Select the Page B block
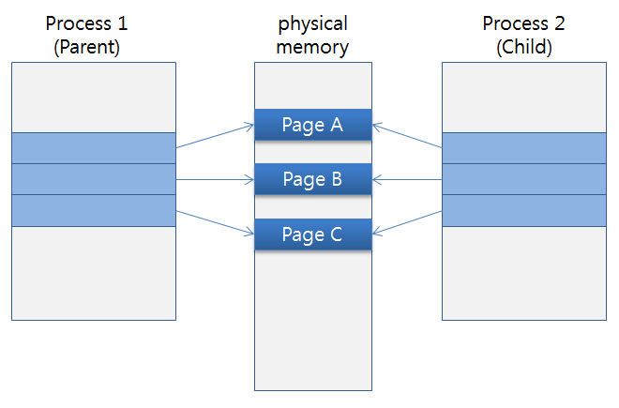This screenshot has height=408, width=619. [313, 178]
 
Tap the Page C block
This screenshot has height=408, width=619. [313, 234]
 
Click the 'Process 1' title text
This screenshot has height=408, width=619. [93, 23]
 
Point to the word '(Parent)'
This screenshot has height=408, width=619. [93, 46]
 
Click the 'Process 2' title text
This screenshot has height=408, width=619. [524, 23]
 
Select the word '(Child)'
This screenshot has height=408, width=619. [524, 46]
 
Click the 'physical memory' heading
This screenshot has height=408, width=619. [313, 35]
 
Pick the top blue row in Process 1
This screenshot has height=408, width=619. [93, 148]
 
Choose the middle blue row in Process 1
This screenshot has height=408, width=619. [93, 179]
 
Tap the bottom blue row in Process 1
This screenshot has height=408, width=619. [93, 210]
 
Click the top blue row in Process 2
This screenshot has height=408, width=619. [524, 148]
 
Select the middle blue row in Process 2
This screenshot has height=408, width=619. [524, 179]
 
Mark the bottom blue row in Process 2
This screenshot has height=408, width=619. [524, 210]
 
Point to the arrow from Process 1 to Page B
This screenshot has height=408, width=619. [215, 179]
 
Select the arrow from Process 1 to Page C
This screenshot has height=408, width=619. [215, 223]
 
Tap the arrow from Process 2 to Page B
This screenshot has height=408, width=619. [407, 179]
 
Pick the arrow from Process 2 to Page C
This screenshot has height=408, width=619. [407, 223]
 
